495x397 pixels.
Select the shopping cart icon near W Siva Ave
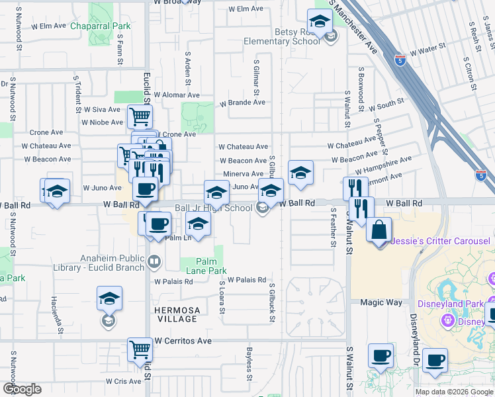pyautogui.click(x=140, y=117)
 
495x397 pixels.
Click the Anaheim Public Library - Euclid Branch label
pyautogui.click(x=97, y=263)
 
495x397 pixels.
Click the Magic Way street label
pyautogui.click(x=381, y=302)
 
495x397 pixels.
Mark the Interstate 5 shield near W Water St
pyautogui.click(x=400, y=60)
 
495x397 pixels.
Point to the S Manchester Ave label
pyautogui.click(x=353, y=26)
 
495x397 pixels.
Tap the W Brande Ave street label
pyautogui.click(x=242, y=103)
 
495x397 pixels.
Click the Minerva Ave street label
pyautogui.click(x=243, y=174)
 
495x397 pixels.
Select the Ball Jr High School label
pyautogui.click(x=214, y=208)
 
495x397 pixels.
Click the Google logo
pyautogui.click(x=22, y=389)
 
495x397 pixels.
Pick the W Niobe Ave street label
pyautogui.click(x=103, y=122)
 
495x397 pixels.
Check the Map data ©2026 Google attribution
pyautogui.click(x=454, y=392)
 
